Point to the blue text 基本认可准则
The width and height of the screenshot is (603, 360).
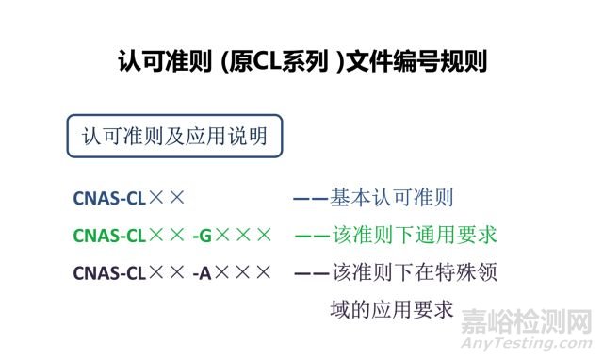point(393,198)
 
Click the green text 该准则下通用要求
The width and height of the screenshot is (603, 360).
point(415,235)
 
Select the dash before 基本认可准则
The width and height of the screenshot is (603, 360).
point(310,199)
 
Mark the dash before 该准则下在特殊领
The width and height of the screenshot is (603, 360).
point(310,273)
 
